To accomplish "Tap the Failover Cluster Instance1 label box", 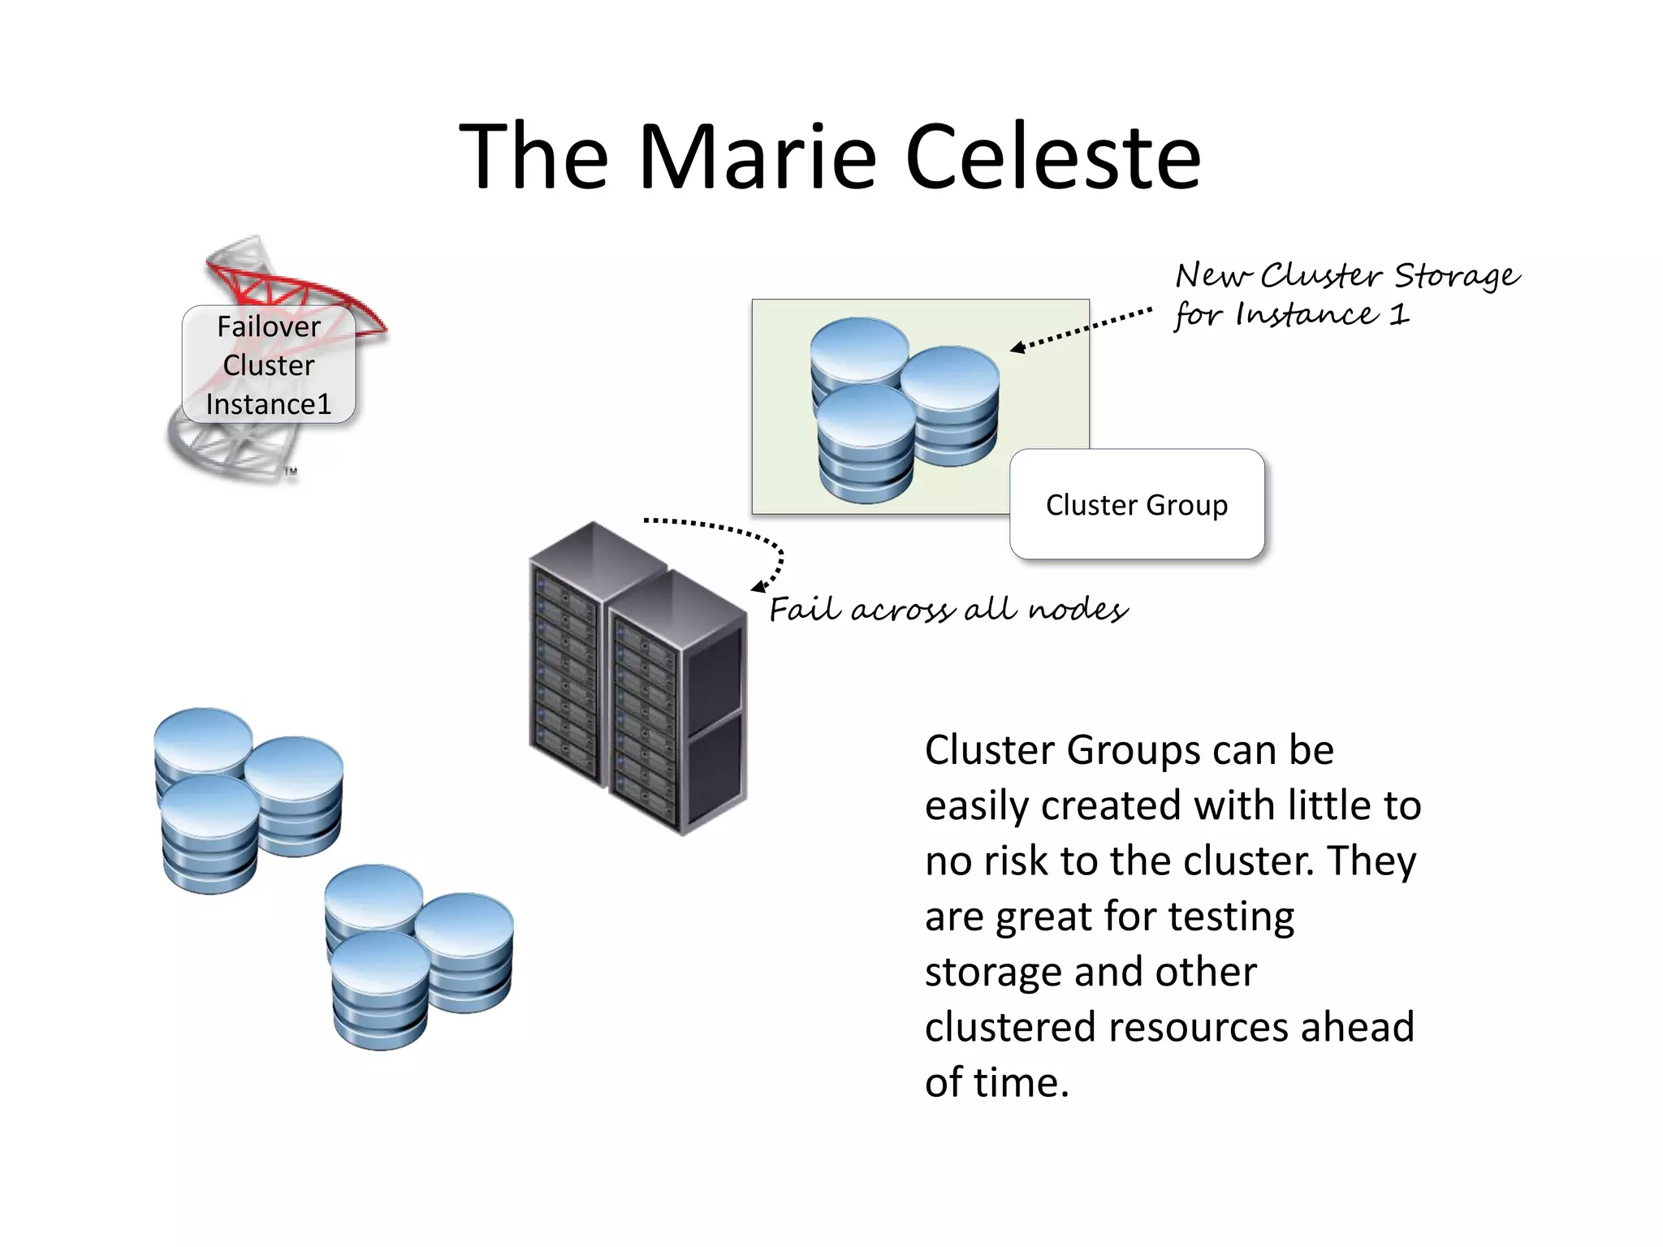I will (x=269, y=365).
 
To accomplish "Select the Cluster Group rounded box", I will (x=1136, y=504).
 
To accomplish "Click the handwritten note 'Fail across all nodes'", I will (x=948, y=609).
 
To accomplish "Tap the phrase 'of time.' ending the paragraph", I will (x=996, y=1083).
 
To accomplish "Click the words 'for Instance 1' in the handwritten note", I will (x=1291, y=315).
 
